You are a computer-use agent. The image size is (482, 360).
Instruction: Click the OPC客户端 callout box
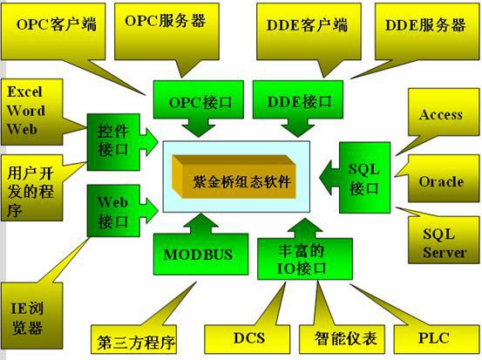click(53, 31)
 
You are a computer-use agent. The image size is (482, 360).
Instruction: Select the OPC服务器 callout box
click(166, 31)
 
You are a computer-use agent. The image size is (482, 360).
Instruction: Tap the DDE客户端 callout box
click(309, 31)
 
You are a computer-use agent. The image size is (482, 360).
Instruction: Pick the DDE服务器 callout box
click(427, 31)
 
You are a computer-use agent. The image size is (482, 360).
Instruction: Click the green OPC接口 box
click(199, 99)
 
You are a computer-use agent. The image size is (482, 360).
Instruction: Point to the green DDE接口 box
click(298, 99)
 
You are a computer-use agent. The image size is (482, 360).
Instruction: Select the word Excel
click(24, 92)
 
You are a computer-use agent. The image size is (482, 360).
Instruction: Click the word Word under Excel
click(26, 111)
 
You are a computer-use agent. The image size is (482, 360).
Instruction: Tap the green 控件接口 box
click(113, 142)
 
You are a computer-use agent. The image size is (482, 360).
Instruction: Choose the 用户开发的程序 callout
click(32, 187)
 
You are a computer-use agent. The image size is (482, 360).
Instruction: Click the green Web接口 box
click(113, 211)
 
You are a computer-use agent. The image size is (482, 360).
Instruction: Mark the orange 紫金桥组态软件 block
click(234, 177)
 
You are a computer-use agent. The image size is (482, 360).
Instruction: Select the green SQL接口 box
click(364, 178)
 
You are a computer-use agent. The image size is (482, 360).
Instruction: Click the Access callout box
click(444, 112)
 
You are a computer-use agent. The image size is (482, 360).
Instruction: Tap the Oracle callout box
click(444, 179)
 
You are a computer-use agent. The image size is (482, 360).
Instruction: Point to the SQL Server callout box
click(444, 240)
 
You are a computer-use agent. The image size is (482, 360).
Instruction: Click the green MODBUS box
click(200, 254)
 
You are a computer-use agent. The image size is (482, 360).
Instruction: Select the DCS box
click(248, 339)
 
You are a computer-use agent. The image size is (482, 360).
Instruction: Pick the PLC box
click(437, 339)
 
